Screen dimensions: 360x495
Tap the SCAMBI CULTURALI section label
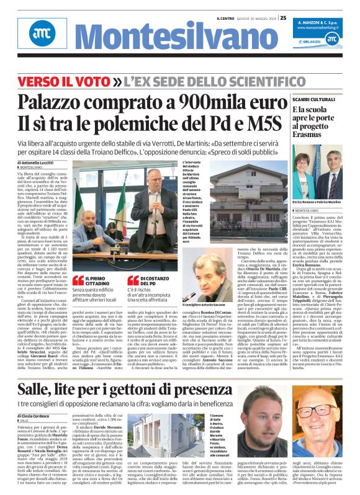(313, 99)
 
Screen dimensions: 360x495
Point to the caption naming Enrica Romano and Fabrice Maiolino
(314, 203)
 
